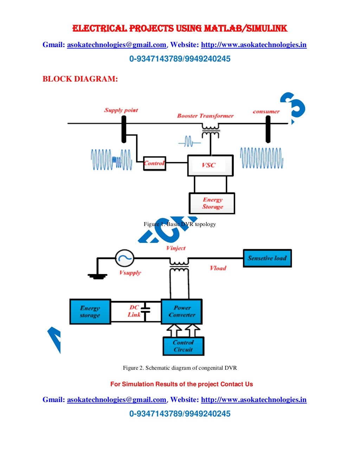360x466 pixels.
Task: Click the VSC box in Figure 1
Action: click(x=210, y=165)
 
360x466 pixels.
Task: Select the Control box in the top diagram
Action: click(x=154, y=163)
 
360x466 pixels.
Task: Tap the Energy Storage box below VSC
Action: click(x=212, y=203)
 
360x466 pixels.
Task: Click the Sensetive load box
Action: click(x=267, y=258)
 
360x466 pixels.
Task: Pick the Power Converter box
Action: click(x=182, y=311)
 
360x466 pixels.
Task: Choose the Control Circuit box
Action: click(x=183, y=346)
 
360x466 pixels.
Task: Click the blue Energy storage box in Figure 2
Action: click(x=90, y=311)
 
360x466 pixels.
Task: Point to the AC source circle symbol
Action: click(x=124, y=258)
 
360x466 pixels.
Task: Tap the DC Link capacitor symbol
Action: click(x=145, y=310)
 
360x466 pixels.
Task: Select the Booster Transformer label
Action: click(x=205, y=116)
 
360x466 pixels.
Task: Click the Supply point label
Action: click(x=121, y=110)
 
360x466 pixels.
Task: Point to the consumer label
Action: click(x=266, y=112)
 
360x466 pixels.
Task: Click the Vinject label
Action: click(x=176, y=248)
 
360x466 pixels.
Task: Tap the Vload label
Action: click(x=218, y=268)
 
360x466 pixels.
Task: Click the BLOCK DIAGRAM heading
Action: click(x=80, y=79)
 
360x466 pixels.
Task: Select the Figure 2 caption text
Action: click(x=180, y=368)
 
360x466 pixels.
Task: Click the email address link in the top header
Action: click(x=116, y=45)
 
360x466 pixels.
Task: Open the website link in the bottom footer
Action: click(x=253, y=400)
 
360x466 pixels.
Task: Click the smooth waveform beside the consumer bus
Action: click(x=262, y=158)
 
